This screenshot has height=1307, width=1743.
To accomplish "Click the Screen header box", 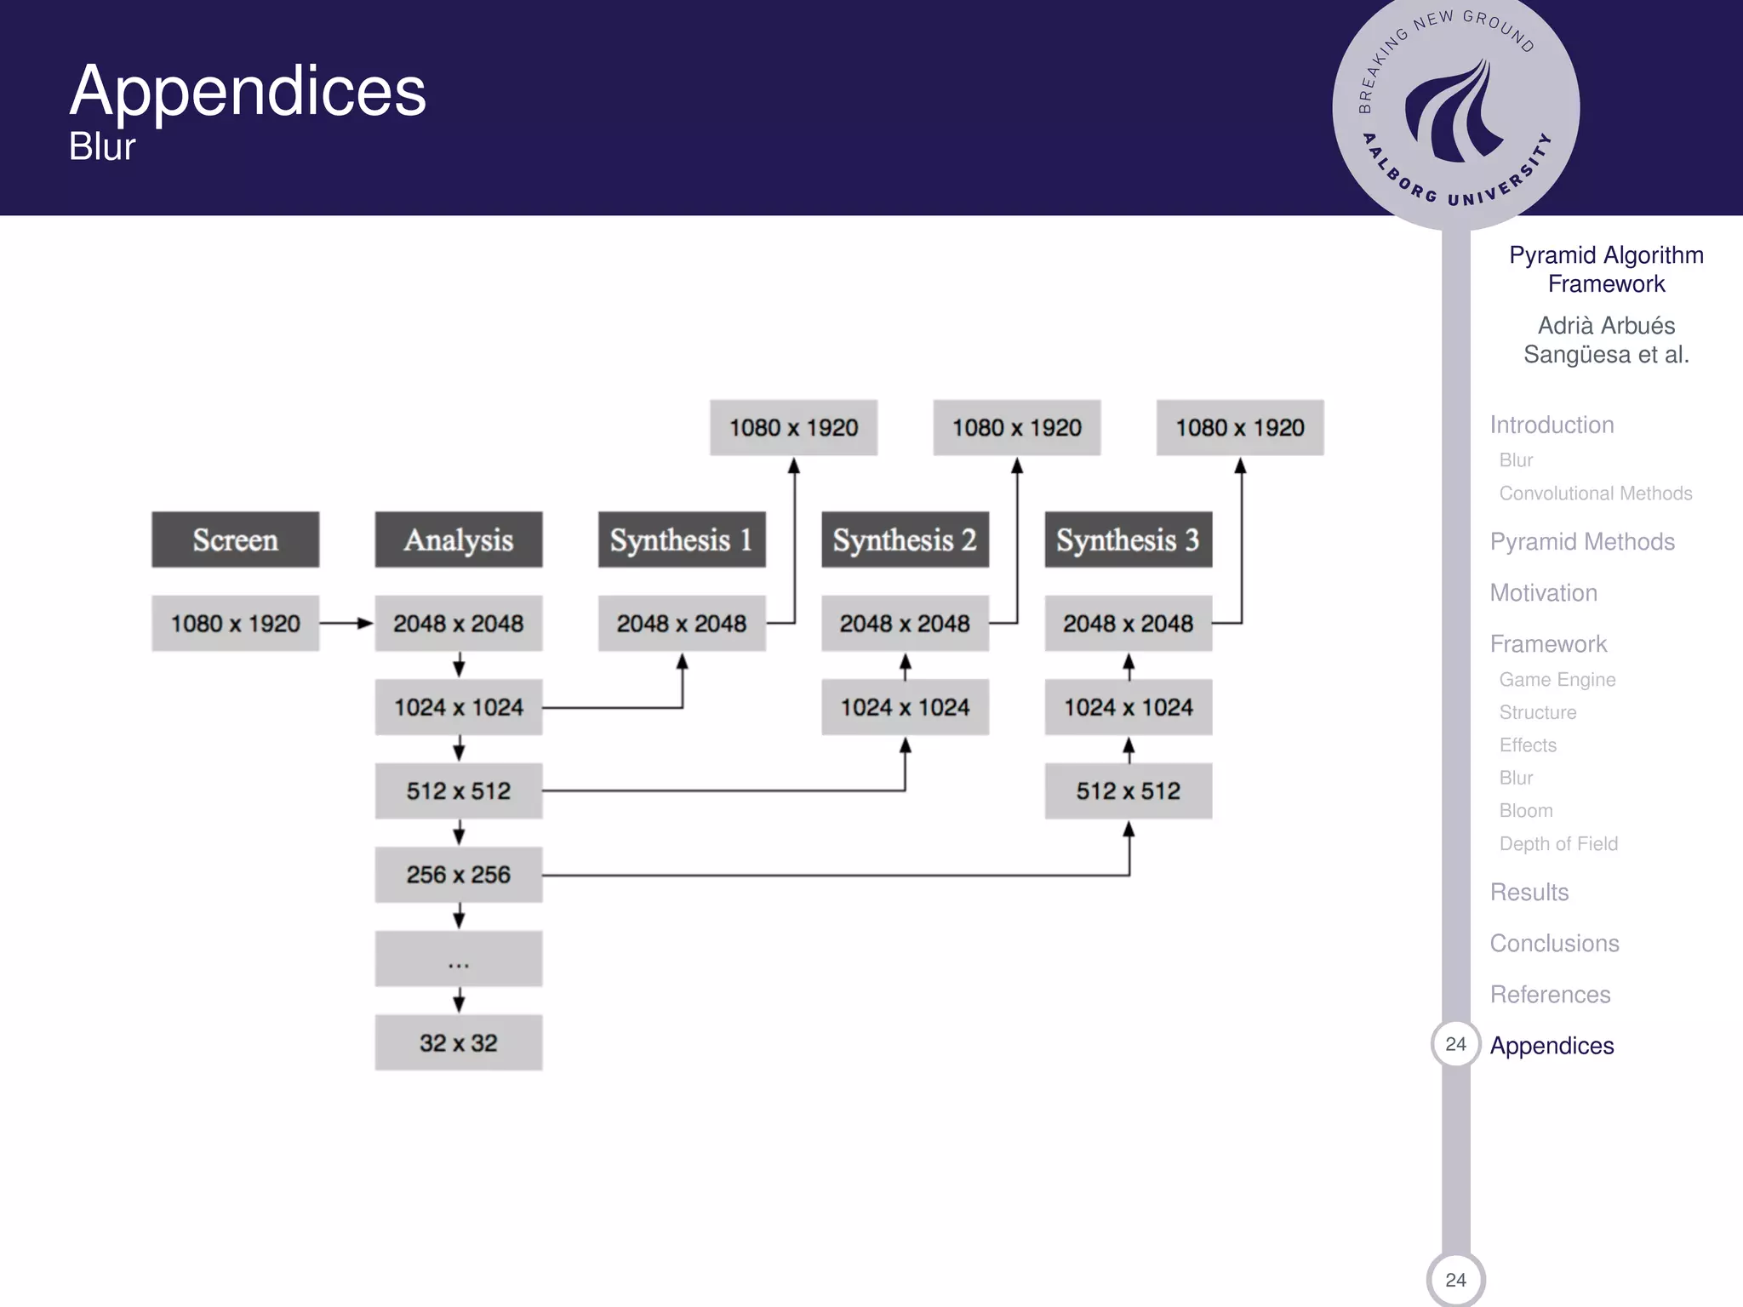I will point(235,539).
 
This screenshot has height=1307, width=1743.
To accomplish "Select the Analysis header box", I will point(458,539).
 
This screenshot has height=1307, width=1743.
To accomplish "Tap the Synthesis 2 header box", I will point(905,539).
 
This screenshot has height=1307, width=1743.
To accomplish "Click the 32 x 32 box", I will point(458,1042).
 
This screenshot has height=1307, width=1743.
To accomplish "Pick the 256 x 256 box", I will point(458,875).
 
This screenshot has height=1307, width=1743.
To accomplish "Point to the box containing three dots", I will point(458,959).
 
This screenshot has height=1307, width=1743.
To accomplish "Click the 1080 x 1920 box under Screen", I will point(235,624).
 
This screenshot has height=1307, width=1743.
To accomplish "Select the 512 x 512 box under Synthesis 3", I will point(1128,791).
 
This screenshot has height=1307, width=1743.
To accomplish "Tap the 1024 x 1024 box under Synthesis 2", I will point(905,707).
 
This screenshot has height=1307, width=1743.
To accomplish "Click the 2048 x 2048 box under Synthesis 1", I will point(682,624).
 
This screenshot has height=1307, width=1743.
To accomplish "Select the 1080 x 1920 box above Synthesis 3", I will point(1239,427).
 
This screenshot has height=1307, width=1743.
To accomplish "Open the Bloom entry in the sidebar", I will point(1526,811).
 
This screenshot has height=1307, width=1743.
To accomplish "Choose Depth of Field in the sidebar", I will point(1558,844).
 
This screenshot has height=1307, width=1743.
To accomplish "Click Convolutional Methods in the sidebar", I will point(1595,494).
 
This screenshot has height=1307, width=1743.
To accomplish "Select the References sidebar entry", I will point(1550,995).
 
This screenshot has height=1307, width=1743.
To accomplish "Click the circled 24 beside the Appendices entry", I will point(1455,1044).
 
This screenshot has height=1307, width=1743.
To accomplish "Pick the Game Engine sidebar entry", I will point(1557,680).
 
